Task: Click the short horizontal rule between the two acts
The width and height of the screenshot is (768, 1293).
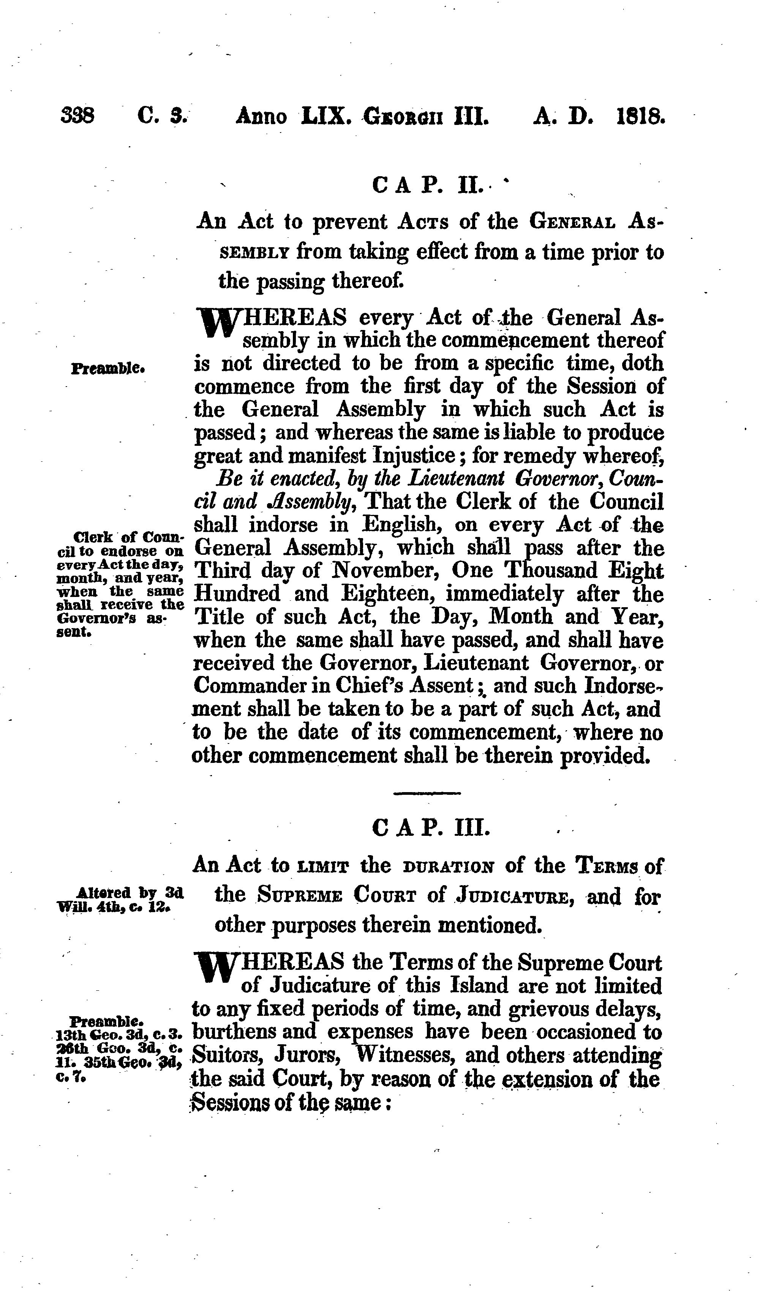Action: pyautogui.click(x=427, y=793)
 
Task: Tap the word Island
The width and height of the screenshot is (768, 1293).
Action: pyautogui.click(x=479, y=986)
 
